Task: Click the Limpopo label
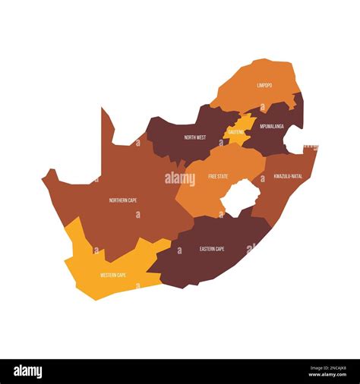pos(264,86)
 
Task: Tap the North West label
pos(194,137)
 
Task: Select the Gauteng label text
pos(236,132)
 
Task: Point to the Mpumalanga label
pos(271,126)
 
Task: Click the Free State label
pos(218,176)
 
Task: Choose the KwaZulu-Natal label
pos(288,175)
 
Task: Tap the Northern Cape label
pos(123,200)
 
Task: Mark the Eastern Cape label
pos(212,249)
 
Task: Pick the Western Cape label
pos(112,275)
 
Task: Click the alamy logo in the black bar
pos(28,372)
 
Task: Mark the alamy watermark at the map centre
pos(180,179)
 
